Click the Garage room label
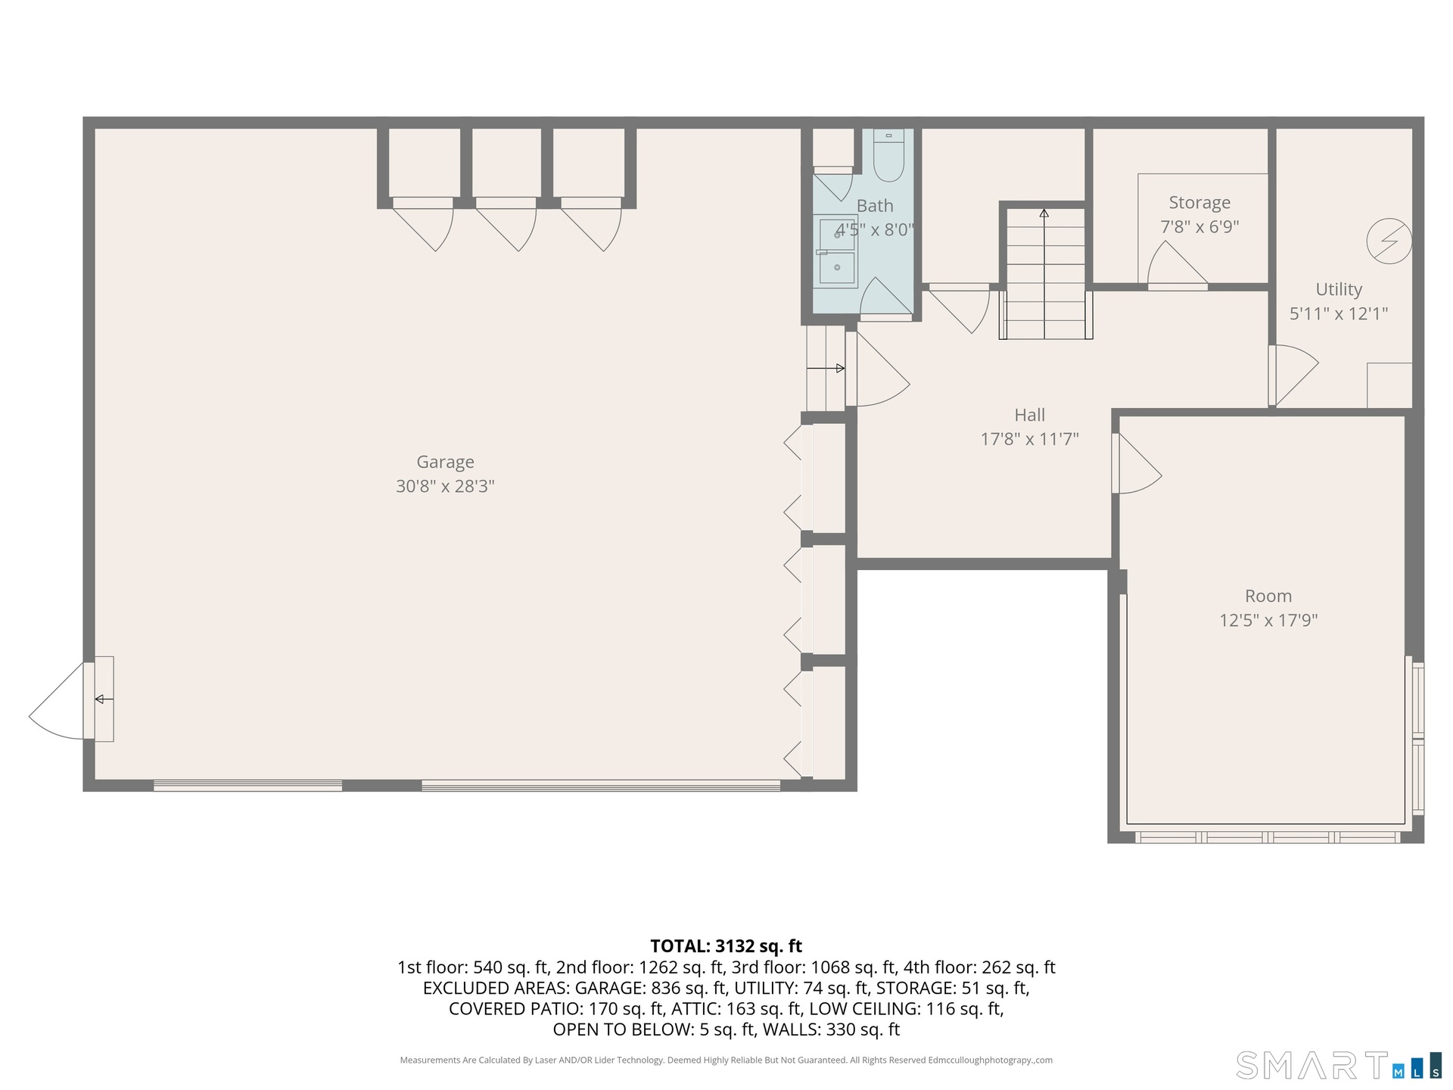click(x=445, y=462)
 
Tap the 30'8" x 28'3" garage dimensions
click(x=445, y=486)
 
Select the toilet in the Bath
click(x=888, y=156)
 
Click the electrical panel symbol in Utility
click(x=1389, y=241)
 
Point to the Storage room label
click(x=1199, y=203)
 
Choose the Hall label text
click(x=1029, y=415)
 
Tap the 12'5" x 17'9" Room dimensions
click(x=1268, y=620)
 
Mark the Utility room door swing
click(x=1294, y=375)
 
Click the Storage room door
click(x=1177, y=266)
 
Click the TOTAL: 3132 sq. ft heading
click(x=726, y=946)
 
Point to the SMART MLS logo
click(x=1338, y=1064)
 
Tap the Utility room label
click(x=1339, y=289)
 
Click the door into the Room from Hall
click(x=1137, y=463)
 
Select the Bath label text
click(x=875, y=206)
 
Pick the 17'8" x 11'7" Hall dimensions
click(x=1029, y=439)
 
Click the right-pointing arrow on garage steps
click(x=826, y=369)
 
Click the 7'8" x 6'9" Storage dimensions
click(x=1199, y=226)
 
